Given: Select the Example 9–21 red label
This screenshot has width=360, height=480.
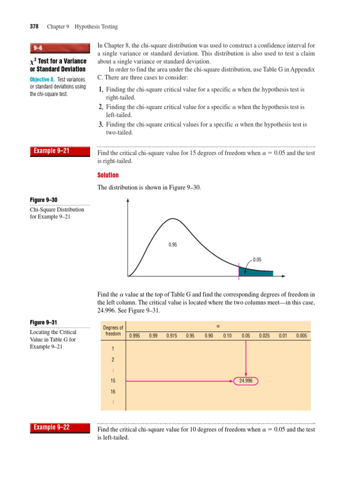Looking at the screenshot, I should coord(52,150).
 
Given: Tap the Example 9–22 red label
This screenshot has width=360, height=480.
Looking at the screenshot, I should coord(52,427).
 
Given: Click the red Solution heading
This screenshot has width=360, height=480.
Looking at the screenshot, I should coord(108,175).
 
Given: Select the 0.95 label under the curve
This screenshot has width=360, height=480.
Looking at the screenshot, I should coord(173,245).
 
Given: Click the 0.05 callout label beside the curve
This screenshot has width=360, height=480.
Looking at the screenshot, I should coord(257,260).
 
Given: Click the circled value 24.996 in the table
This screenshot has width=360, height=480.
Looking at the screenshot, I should coord(246,381).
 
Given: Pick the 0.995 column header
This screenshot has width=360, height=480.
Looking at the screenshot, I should coord(135,336).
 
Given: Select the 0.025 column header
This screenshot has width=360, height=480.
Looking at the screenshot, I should coord(264,336).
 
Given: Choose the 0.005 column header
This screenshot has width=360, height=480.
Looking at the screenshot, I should coord(301,336).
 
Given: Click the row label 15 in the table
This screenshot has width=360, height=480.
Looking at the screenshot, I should coord(113,381).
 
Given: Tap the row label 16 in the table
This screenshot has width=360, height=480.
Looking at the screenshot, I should coord(113,391).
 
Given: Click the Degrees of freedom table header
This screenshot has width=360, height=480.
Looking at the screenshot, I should coord(113,331).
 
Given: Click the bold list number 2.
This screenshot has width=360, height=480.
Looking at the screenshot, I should coord(101,107).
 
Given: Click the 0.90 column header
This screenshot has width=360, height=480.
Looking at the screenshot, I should coord(209,336).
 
